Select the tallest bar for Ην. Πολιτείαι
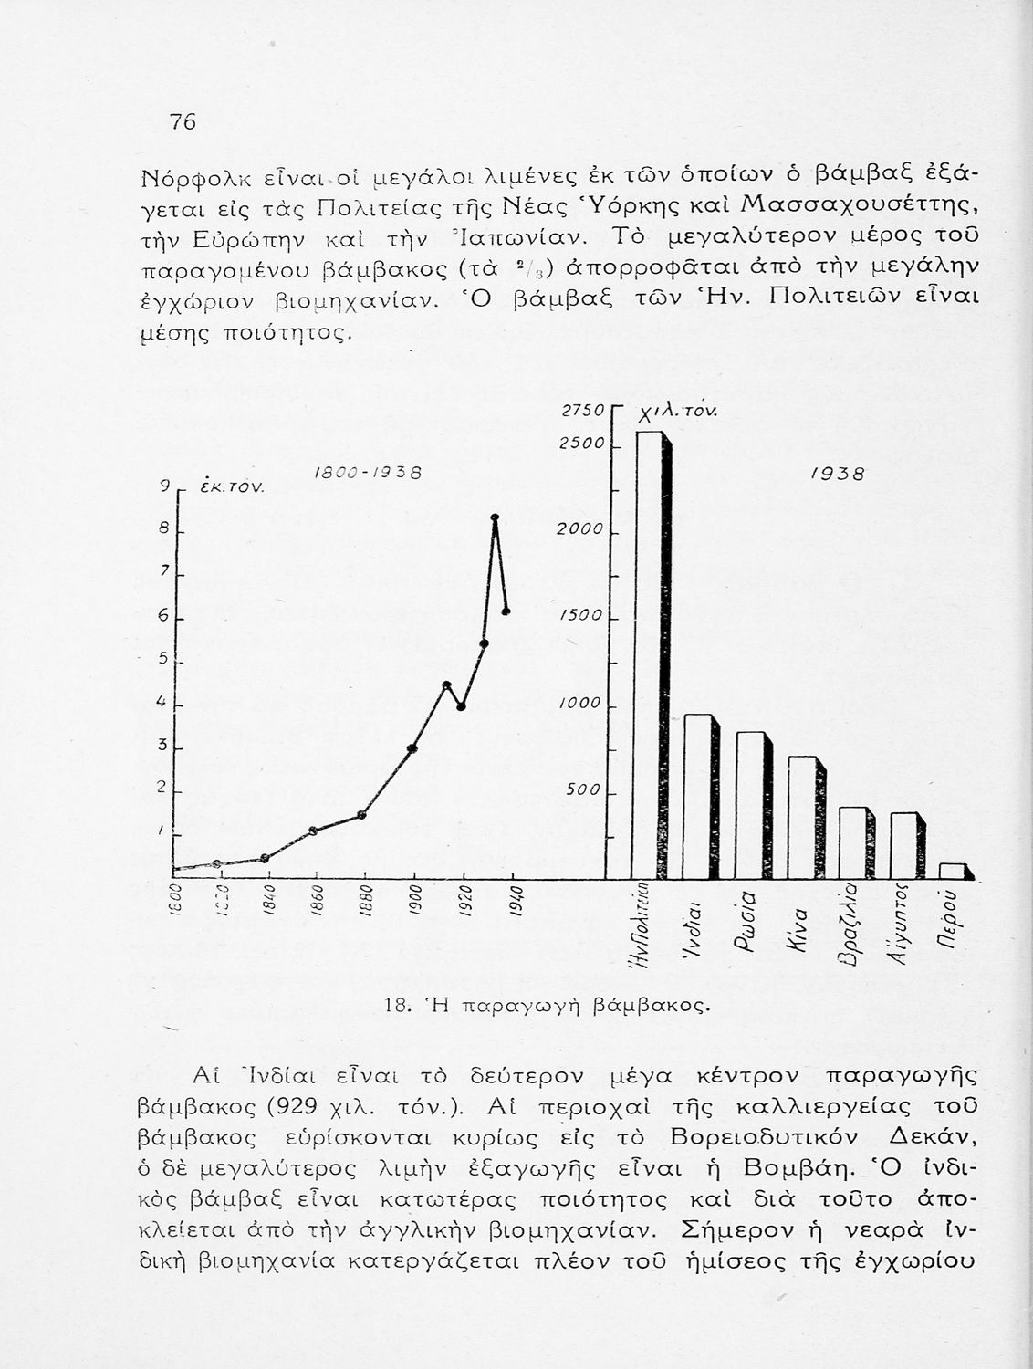648,653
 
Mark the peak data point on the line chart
495,517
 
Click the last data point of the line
506,611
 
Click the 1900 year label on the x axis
413,899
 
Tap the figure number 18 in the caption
395,1006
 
